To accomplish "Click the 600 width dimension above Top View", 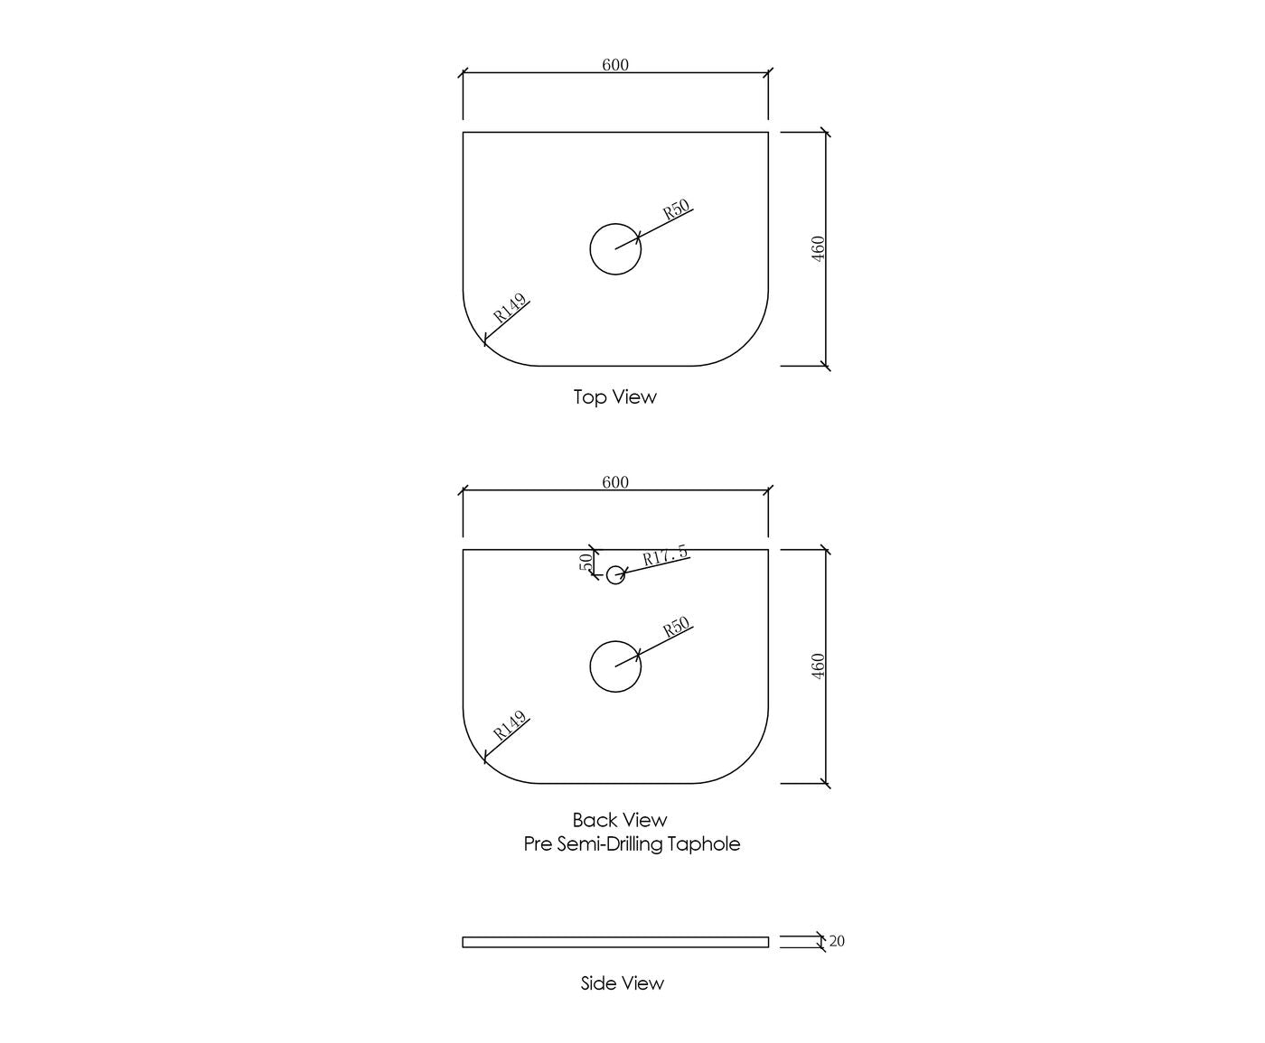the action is click(615, 65).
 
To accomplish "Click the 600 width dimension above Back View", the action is click(615, 482).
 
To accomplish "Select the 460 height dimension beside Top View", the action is click(818, 249).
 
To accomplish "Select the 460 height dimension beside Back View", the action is click(818, 666).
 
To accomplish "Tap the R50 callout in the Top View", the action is click(676, 209).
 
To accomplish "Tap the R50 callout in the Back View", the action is click(676, 627).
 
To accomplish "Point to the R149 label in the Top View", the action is click(510, 308).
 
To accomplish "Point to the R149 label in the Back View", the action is click(510, 725).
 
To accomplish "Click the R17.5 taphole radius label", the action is click(665, 554).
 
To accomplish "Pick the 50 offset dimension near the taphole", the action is click(586, 562).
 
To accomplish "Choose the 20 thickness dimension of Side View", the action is click(837, 941).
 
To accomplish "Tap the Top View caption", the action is click(615, 396).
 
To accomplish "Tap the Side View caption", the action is click(623, 982).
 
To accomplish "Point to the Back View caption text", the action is click(620, 820).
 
